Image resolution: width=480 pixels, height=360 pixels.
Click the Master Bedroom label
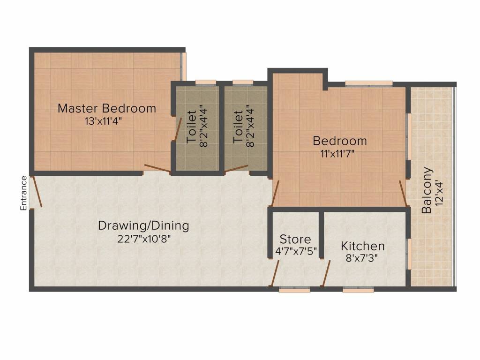pos(106,109)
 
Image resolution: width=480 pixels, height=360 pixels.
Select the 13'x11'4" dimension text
pos(106,120)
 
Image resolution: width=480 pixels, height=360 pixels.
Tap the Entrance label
pos(23,193)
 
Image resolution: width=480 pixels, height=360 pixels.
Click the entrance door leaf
pos(37,192)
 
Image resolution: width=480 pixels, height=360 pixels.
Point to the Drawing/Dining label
pos(143,226)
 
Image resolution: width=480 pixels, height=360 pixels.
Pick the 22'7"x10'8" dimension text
pos(144,239)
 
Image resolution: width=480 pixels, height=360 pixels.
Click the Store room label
pos(295,240)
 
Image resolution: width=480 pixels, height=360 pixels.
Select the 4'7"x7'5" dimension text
pos(295,251)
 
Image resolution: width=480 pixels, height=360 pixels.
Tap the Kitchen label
pos(362,246)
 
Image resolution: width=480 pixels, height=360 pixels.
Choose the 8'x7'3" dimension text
pos(362,257)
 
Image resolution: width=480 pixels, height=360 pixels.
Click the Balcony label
pos(427,190)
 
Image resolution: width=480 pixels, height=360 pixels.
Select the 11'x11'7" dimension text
pos(340,152)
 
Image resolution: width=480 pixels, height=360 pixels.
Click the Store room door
pos(275,274)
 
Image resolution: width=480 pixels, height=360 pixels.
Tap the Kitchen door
pos(326,274)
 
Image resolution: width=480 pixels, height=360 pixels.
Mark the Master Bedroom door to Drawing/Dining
pos(157,169)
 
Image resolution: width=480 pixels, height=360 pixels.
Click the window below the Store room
pos(294,291)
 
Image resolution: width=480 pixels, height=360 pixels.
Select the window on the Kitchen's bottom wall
pos(358,291)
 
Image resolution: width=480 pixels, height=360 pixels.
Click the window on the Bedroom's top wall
pos(369,84)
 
